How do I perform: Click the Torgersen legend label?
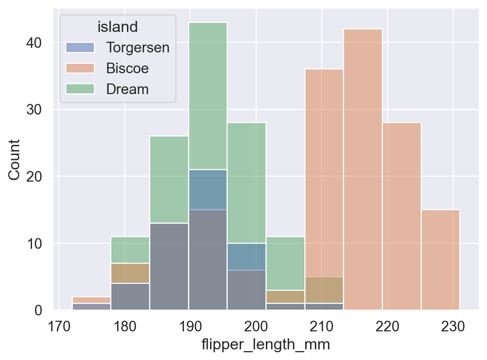pyautogui.click(x=138, y=47)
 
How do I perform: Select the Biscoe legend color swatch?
pyautogui.click(x=80, y=68)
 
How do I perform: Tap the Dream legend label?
pyautogui.click(x=127, y=89)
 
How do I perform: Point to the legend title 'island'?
pyautogui.click(x=117, y=27)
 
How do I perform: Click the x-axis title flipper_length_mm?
pyautogui.click(x=265, y=345)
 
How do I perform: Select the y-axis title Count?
pyautogui.click(x=15, y=160)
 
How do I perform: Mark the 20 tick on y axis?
pyautogui.click(x=39, y=176)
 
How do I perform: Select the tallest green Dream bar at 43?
pyautogui.click(x=208, y=94)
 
